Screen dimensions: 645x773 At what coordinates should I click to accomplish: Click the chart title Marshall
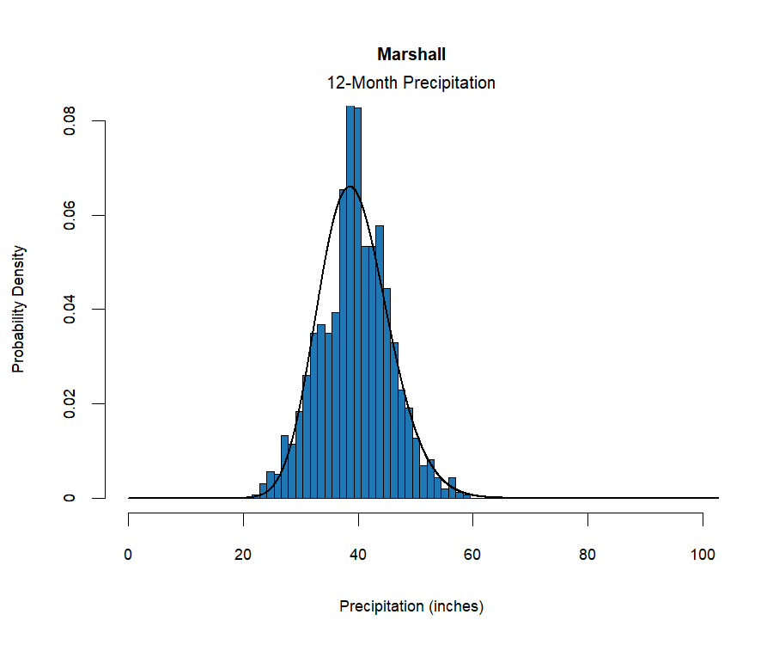[x=411, y=55]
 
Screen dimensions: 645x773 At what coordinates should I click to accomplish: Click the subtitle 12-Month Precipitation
[x=411, y=83]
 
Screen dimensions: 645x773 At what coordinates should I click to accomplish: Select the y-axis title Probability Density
[x=18, y=310]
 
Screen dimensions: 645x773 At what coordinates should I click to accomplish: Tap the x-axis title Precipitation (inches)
[x=411, y=606]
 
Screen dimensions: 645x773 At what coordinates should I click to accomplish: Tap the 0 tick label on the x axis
[x=129, y=555]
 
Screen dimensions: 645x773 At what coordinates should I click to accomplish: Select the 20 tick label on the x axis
[x=244, y=555]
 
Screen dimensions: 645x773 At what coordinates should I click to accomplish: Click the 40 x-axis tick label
[x=358, y=555]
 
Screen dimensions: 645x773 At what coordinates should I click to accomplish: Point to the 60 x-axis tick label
[x=473, y=555]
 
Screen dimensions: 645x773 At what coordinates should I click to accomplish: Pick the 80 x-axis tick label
[x=587, y=555]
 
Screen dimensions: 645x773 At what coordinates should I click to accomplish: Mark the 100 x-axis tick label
[x=703, y=555]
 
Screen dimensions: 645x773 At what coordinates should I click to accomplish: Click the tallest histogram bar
[x=350, y=301]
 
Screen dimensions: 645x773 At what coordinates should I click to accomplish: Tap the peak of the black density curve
[x=350, y=187]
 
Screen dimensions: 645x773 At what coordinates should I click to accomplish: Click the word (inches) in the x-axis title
[x=456, y=606]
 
